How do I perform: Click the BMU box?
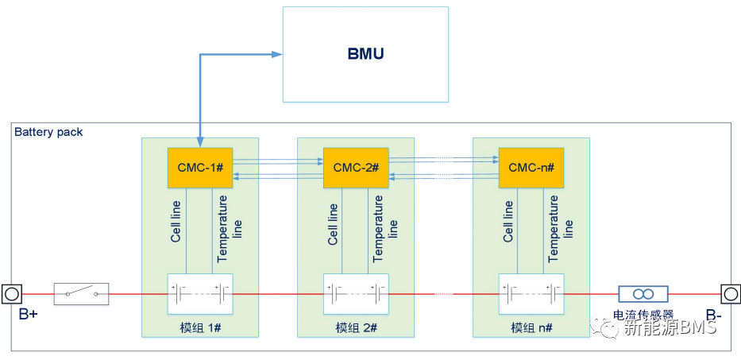coord(365,54)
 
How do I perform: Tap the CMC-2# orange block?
coord(356,168)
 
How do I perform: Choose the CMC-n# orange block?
coord(531,168)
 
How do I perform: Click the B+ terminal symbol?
coord(13,294)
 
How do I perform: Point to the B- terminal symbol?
coord(729,294)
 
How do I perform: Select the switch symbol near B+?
coord(81,294)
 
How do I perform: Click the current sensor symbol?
coord(643,294)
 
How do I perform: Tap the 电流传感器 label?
coord(643,314)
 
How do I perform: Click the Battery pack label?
coord(48,132)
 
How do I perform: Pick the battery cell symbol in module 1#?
coord(199,294)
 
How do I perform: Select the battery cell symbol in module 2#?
coord(356,294)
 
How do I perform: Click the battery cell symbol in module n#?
coord(531,294)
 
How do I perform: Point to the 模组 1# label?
coord(199,327)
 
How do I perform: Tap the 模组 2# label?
coord(356,327)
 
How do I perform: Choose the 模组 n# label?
coord(531,327)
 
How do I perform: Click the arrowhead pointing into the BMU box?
coord(277,54)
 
